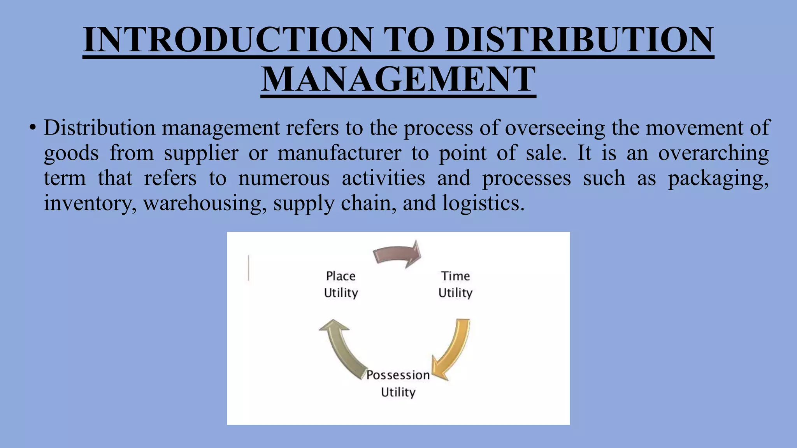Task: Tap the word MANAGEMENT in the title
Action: (398, 79)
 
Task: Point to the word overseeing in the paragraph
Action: (555, 128)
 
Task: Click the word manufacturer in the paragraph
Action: (339, 153)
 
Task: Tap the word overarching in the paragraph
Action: (713, 153)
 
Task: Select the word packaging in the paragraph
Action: (718, 178)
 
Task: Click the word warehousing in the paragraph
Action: (205, 203)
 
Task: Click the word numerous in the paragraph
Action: (284, 178)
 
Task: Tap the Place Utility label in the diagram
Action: (341, 284)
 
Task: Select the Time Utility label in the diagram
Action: (455, 284)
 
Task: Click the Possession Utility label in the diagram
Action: (398, 383)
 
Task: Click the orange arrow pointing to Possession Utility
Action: (453, 350)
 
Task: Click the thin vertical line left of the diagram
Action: (248, 268)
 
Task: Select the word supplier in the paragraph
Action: (201, 153)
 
